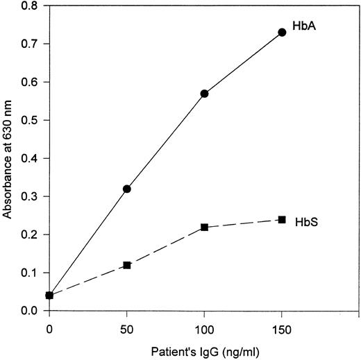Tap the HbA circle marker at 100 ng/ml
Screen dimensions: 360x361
coord(204,94)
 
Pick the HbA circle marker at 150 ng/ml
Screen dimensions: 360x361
coord(282,33)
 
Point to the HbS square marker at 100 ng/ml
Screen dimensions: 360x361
coord(204,227)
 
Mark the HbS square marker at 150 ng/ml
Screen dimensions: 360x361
coord(282,219)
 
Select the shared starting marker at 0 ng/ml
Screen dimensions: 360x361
coord(49,295)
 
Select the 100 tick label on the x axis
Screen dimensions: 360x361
coord(204,325)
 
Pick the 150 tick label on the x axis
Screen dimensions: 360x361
coord(282,325)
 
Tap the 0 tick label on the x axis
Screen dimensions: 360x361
coord(49,325)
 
